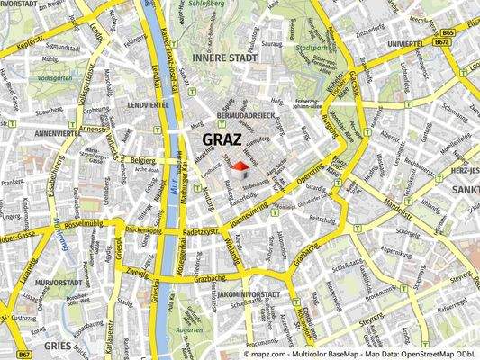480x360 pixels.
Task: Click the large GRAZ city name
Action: [x=227, y=139]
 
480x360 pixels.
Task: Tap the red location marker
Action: [x=240, y=166]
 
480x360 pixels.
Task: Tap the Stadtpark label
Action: [x=311, y=49]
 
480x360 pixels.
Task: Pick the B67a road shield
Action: [x=441, y=41]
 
